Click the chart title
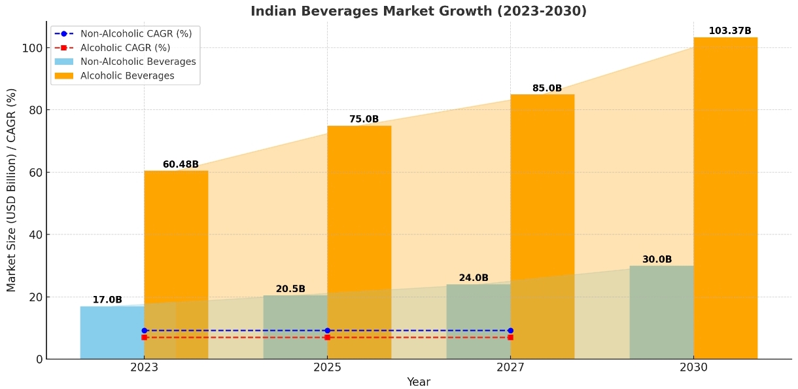click(x=419, y=11)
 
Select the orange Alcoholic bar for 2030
click(x=725, y=196)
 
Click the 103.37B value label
click(x=730, y=31)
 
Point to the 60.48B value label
click(x=181, y=164)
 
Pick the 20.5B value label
click(x=290, y=289)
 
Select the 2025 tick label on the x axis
click(x=327, y=367)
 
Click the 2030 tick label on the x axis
click(x=693, y=367)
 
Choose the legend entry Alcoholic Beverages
click(x=127, y=76)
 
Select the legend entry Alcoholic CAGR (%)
click(x=125, y=48)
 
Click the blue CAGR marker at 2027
click(x=510, y=331)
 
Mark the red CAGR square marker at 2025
click(x=327, y=337)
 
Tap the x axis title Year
click(x=419, y=382)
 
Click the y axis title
click(x=12, y=190)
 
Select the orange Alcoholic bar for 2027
click(x=542, y=226)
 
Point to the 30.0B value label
click(x=657, y=259)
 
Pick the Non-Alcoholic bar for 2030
click(x=661, y=312)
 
